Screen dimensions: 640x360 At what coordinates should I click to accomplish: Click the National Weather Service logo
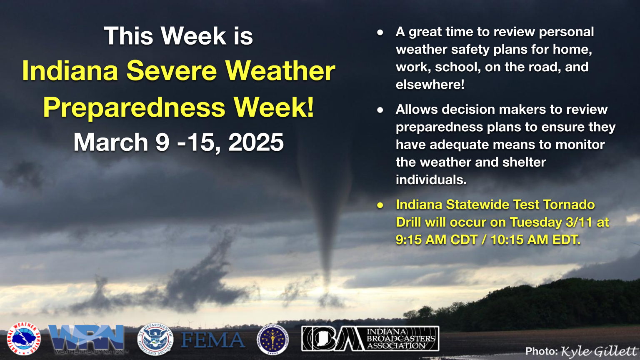24,339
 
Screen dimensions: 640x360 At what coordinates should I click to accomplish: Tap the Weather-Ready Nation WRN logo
87,339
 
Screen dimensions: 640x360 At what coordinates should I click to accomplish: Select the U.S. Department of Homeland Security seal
155,340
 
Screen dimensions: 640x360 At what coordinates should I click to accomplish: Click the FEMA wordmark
213,340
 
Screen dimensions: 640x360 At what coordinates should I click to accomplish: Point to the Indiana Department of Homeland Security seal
272,340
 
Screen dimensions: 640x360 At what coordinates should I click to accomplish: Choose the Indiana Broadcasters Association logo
370,339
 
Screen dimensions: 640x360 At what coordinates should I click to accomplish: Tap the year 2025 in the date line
256,142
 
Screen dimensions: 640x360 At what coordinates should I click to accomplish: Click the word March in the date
111,142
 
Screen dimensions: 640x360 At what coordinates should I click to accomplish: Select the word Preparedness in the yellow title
134,107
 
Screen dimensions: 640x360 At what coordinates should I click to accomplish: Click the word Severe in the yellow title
172,71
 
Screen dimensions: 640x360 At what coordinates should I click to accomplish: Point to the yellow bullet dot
380,205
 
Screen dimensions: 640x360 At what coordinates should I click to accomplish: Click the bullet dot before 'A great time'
380,32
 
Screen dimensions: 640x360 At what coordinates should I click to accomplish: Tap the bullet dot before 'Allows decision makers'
380,110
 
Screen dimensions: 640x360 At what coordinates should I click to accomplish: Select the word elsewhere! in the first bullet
430,85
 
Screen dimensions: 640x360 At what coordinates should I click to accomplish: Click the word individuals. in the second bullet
431,180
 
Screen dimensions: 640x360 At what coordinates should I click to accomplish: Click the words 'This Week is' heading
178,36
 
